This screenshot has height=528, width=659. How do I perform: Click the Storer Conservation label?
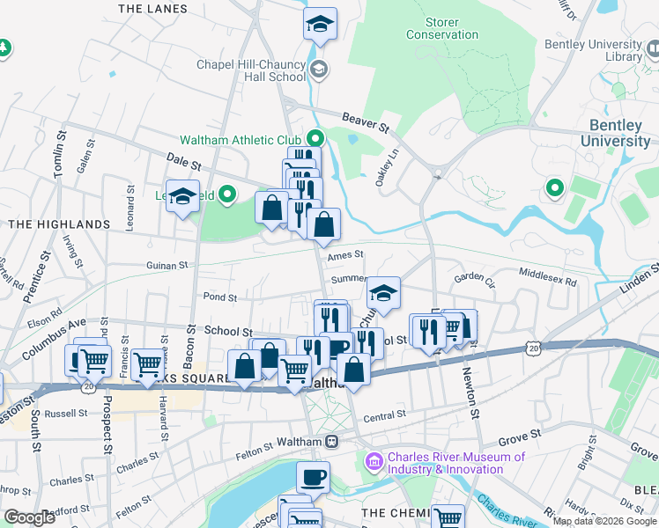[x=441, y=27]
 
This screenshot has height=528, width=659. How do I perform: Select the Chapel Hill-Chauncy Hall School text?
[x=251, y=70]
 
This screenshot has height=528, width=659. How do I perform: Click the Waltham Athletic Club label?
[x=241, y=140]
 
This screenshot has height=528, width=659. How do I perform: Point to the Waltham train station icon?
[x=331, y=441]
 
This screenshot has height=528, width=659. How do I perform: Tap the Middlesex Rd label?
[x=547, y=282]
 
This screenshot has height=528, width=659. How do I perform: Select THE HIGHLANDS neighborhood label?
[x=59, y=224]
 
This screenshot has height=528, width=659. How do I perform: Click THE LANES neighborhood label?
[x=152, y=9]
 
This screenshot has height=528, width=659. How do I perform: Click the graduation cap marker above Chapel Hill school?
[x=320, y=25]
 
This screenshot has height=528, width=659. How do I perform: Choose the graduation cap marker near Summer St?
[x=383, y=293]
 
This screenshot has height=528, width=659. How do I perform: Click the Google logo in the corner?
[x=29, y=517]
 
